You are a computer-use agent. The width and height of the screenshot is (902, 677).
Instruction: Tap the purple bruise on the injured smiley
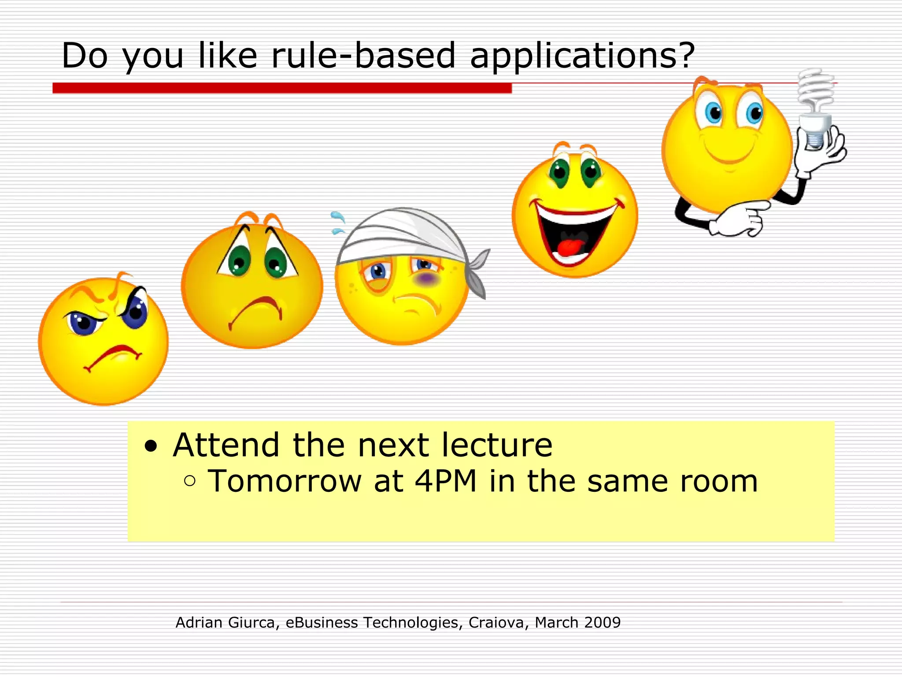point(426,279)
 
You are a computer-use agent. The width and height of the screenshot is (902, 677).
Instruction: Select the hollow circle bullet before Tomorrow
point(190,481)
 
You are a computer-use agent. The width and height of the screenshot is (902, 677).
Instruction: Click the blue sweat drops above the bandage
point(338,223)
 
